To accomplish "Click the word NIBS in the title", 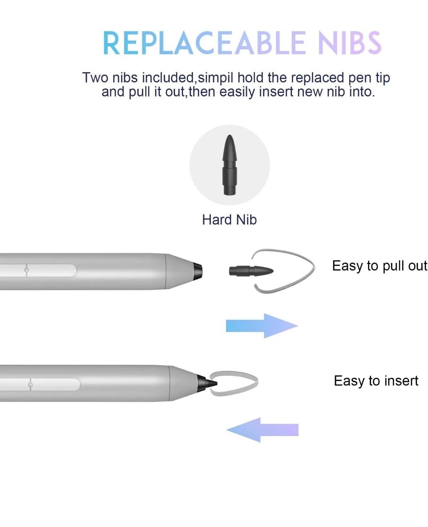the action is coord(349,43).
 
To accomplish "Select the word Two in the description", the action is coord(95,78).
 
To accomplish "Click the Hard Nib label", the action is coord(229,220).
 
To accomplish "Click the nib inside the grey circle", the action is coord(229,165).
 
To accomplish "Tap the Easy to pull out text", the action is coord(379,266).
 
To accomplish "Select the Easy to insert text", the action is coord(376,381).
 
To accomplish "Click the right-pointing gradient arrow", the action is coord(261,326).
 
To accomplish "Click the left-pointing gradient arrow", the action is coord(262,430).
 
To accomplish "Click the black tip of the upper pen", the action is coord(197,271).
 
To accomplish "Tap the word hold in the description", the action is coord(250,78).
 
